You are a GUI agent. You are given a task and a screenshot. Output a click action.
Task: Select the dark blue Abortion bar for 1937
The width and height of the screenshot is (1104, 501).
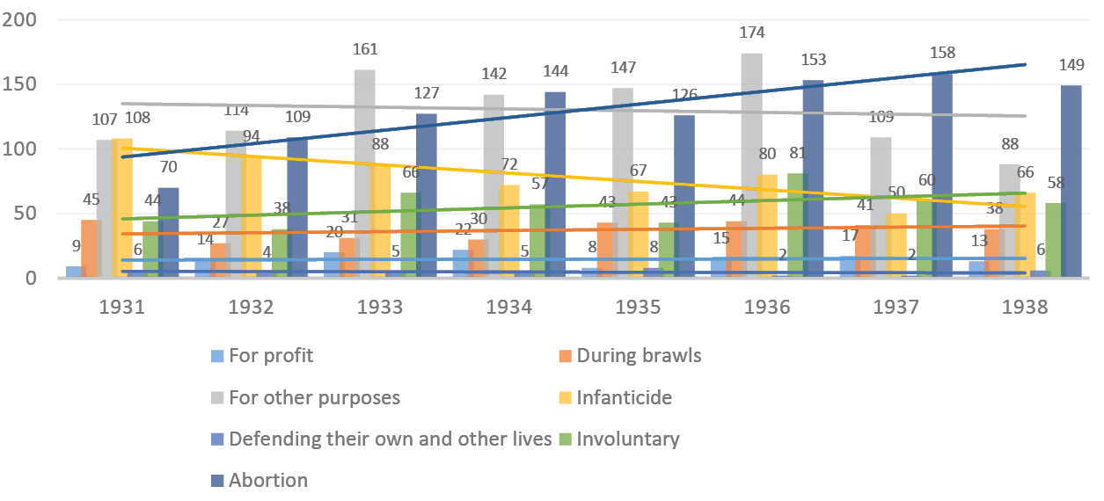[x=942, y=176]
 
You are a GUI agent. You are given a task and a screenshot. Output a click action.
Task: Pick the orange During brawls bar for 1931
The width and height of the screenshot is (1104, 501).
[x=90, y=249]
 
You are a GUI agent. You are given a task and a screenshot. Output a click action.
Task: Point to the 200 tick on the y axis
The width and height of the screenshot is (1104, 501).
[x=19, y=20]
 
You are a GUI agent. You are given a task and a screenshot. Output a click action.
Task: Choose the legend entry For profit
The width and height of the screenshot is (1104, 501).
[x=270, y=356]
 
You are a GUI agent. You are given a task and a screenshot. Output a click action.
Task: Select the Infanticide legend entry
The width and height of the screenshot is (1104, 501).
[x=624, y=397]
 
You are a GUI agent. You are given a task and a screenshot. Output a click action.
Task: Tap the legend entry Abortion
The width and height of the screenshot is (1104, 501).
[x=267, y=480]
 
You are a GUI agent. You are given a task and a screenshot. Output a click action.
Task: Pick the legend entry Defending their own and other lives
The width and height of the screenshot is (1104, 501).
[x=390, y=439]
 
